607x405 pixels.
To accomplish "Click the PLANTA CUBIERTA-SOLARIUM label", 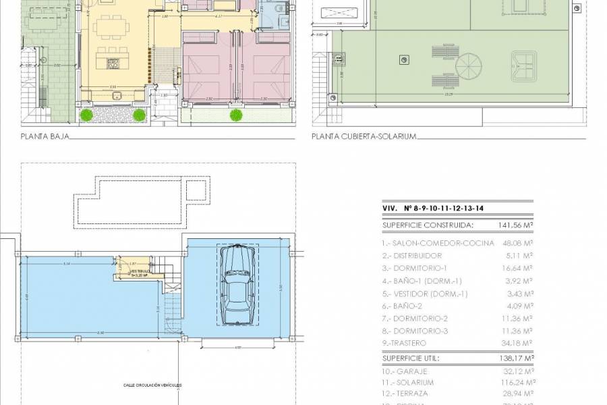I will tap(364, 136).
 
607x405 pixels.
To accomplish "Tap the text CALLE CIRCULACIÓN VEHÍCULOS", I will tap(152, 385).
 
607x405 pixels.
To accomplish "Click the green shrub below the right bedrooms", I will tap(236, 115).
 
